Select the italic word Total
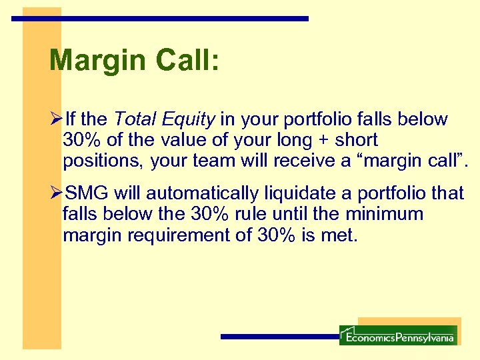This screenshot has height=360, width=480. point(137,120)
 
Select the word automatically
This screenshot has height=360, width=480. point(201,194)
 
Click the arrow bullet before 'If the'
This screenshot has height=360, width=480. point(56,120)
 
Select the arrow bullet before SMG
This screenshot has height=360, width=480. point(56,194)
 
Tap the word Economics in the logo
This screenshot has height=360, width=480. point(370,338)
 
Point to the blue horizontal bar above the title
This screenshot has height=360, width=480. point(160,19)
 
